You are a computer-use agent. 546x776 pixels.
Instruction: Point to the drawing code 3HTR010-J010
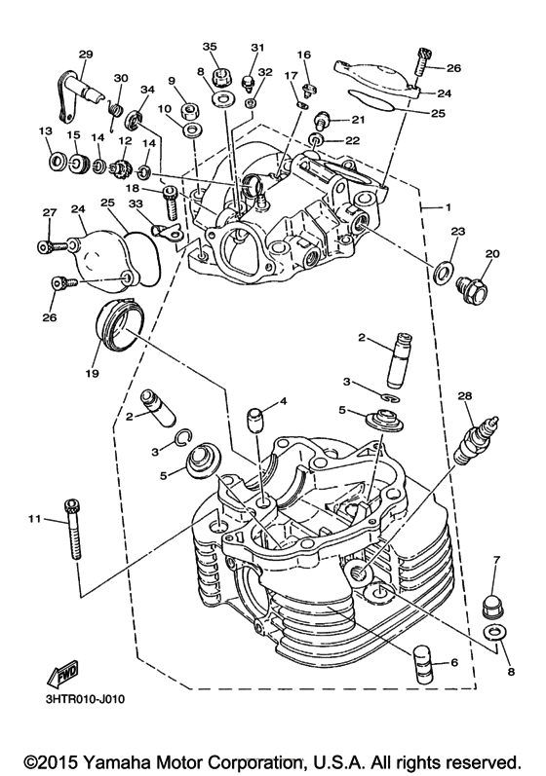tap(83, 697)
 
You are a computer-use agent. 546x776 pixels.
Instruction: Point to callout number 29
tap(85, 54)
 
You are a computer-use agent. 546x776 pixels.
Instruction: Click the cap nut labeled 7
tap(495, 606)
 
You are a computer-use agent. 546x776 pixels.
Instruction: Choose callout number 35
tap(209, 47)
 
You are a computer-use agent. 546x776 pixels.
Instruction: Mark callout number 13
tap(45, 131)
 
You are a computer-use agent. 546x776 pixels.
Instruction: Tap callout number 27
tap(48, 213)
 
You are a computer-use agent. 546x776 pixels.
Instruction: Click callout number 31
tap(257, 47)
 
